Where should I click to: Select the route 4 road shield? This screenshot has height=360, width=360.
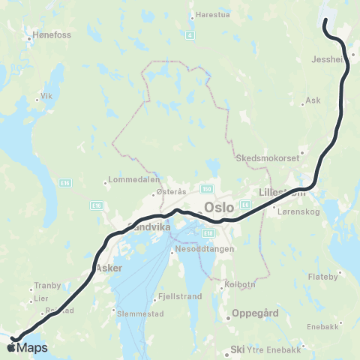click(190, 34)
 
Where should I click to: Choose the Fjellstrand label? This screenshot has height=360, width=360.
click(171, 297)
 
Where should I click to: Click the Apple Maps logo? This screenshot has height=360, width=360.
click(28, 347)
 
